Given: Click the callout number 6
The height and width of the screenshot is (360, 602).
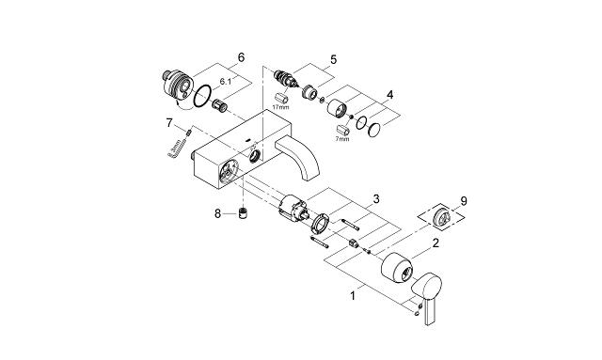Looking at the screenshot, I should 242,58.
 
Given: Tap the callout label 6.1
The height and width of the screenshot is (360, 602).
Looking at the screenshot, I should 227,82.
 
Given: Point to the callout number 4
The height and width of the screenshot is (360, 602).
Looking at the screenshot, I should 390,95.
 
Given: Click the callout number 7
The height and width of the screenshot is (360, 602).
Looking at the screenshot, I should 169,123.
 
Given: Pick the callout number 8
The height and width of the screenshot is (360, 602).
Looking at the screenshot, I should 218,213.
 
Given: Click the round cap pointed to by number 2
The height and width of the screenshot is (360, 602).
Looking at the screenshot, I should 399,272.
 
